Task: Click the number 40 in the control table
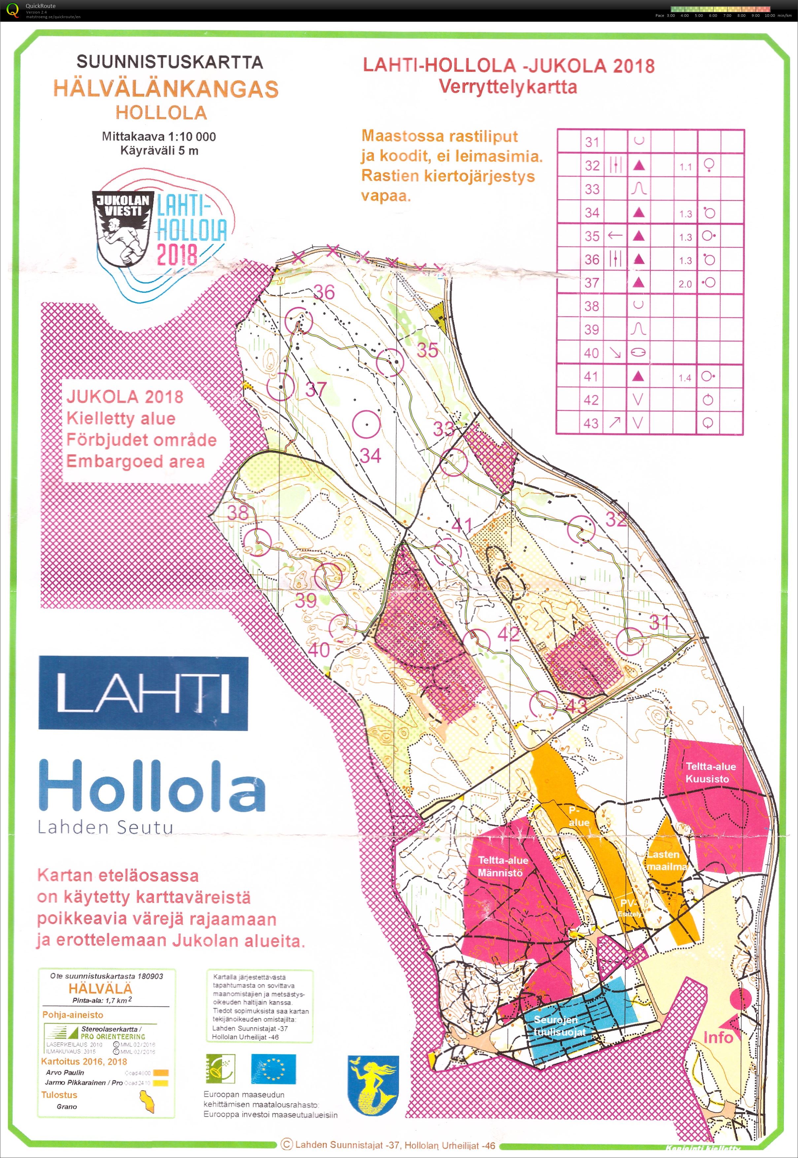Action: pos(591,353)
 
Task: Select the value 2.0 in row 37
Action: pos(685,284)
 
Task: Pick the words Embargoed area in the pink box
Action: pos(136,461)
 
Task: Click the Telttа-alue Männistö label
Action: pos(503,866)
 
